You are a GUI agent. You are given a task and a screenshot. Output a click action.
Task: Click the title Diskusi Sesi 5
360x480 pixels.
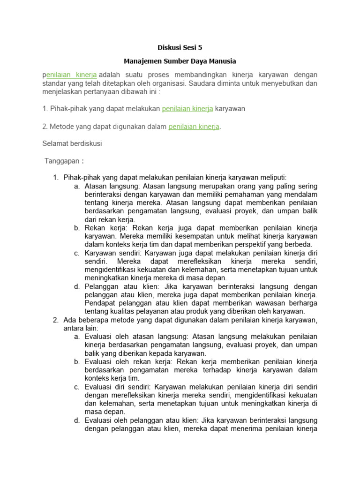tap(180, 47)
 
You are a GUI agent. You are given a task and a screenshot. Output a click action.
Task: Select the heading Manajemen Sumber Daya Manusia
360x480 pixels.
tap(180, 61)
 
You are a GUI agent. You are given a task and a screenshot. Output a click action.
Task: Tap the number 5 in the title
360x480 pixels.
tap(202, 47)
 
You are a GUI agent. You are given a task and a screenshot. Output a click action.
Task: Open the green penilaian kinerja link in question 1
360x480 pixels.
tap(187, 109)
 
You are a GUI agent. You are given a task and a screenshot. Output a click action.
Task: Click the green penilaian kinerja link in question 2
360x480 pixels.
tap(194, 126)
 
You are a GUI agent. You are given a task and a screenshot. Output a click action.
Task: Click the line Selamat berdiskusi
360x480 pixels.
tap(72, 144)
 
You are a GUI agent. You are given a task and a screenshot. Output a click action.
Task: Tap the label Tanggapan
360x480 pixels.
tap(62, 161)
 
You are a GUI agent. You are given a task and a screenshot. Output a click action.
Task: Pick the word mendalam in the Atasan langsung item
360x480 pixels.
tap(300, 194)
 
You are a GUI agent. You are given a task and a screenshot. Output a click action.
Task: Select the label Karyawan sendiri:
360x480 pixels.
tap(113, 253)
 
